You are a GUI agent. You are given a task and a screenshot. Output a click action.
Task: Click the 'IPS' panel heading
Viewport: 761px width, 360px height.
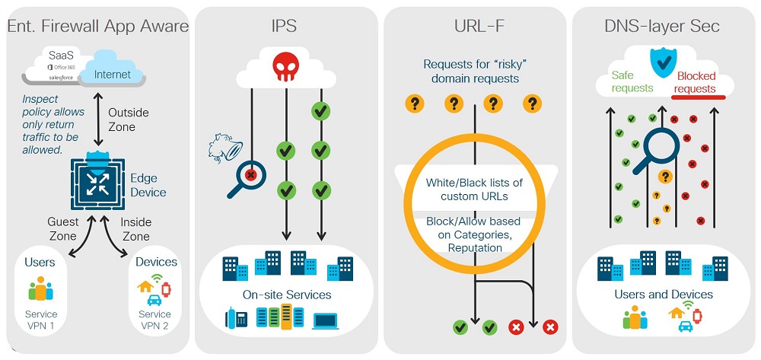coord(285,26)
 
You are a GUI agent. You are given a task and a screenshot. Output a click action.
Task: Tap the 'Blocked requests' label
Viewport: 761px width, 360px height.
coord(696,82)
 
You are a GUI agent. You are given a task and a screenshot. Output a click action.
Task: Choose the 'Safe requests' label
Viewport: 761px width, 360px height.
coord(632,82)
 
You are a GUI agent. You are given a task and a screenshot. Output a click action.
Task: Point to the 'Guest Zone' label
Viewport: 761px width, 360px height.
coord(62,229)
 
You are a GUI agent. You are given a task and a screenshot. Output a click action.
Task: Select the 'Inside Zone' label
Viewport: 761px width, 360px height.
coord(136,229)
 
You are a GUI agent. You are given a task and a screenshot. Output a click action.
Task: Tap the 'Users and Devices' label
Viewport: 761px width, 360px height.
coord(663,295)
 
